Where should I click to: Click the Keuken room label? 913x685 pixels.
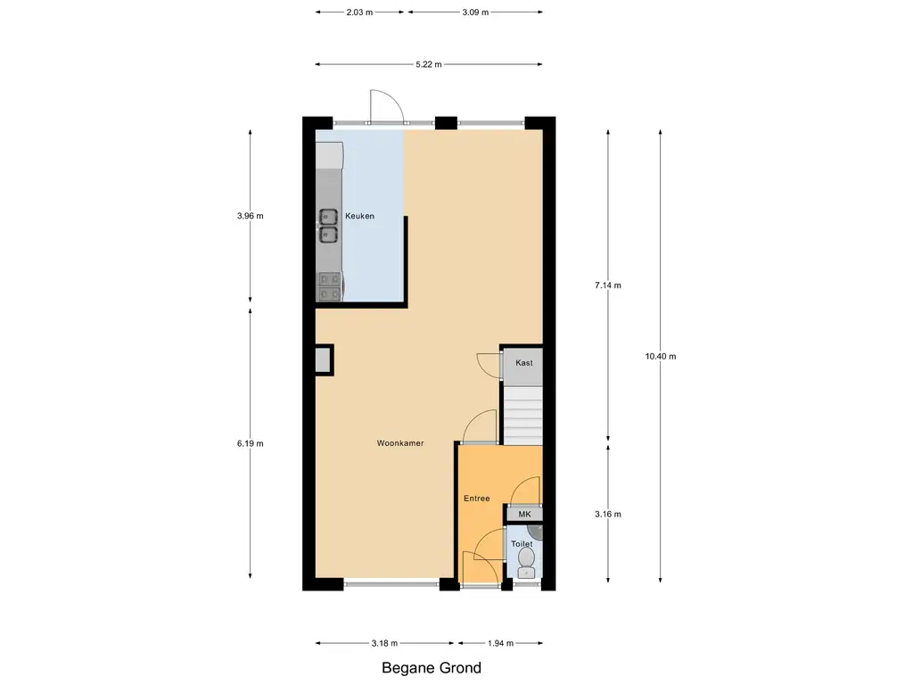(359, 216)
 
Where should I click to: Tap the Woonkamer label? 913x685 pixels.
(400, 443)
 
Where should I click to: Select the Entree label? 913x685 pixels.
(476, 499)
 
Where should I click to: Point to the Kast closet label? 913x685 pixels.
(524, 363)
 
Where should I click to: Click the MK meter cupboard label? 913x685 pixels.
(524, 515)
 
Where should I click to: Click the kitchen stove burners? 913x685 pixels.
(330, 286)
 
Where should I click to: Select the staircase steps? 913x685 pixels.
(522, 415)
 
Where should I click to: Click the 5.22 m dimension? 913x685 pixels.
(429, 64)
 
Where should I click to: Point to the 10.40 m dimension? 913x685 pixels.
(661, 357)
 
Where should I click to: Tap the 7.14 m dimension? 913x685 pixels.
(608, 285)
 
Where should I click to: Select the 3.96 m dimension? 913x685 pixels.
(250, 216)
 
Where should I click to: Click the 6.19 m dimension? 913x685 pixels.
(250, 444)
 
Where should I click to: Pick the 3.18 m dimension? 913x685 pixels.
(384, 644)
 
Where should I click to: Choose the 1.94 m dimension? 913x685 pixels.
(501, 644)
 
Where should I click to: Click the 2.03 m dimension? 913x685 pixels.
(359, 12)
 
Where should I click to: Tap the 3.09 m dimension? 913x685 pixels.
(475, 12)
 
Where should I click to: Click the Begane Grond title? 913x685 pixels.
(432, 668)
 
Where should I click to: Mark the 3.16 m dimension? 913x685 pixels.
(608, 515)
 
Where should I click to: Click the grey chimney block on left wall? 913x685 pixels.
(323, 360)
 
